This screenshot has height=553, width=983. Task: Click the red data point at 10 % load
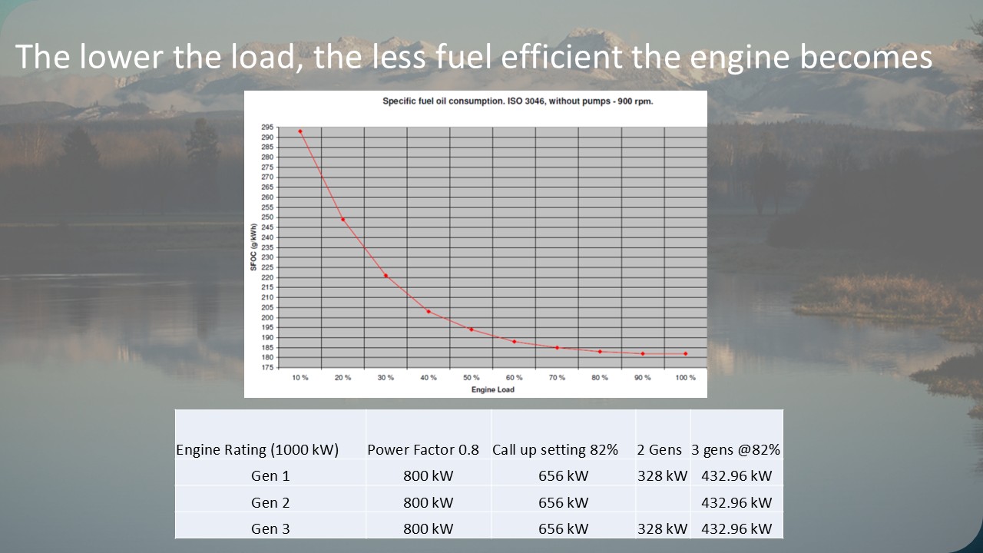click(300, 131)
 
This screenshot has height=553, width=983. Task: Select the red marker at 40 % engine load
click(429, 311)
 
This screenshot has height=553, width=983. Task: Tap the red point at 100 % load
click(685, 353)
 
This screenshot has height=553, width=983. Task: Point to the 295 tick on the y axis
click(267, 127)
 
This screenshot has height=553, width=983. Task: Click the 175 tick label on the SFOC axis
click(267, 367)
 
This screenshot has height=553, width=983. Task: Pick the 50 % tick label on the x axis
click(472, 378)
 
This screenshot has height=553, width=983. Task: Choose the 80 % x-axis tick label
click(600, 378)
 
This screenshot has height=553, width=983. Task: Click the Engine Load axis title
click(492, 389)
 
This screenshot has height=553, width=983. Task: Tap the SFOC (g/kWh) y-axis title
click(253, 247)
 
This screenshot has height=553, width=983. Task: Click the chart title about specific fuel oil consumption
click(518, 101)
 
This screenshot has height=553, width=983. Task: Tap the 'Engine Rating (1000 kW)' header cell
click(257, 450)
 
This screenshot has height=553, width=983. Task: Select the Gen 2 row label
click(270, 502)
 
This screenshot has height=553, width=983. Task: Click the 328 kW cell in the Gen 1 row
click(662, 475)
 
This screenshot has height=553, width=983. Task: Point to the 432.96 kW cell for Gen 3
click(736, 528)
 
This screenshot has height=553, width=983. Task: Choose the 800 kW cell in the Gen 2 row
click(429, 502)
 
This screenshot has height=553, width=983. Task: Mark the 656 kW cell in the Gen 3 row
click(563, 528)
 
